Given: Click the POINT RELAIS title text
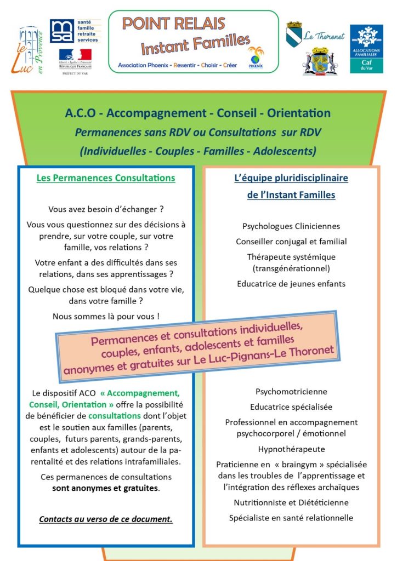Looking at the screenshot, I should coord(173,24).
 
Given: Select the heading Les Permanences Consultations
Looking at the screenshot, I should coord(106,178).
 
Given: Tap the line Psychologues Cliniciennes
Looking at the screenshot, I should coord(291,226).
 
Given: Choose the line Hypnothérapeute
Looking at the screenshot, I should coord(291,449).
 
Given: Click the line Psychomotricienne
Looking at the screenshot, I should coord(291,392).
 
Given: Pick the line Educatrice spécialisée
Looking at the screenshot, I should coord(291,407).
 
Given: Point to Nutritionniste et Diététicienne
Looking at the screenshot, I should coord(291,502).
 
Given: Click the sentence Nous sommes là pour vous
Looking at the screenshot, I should coord(106,316).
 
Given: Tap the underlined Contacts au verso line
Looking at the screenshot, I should coord(106,519).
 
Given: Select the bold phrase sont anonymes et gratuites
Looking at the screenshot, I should coord(106,488).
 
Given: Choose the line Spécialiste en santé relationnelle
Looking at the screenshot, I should coord(291,518).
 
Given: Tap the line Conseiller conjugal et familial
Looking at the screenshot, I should coord(291,241).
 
